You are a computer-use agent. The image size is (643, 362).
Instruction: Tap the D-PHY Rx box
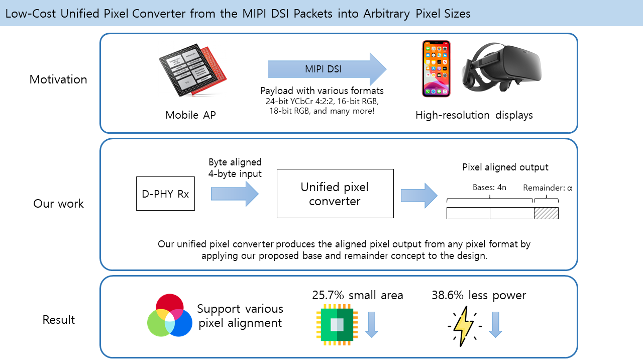point(165,194)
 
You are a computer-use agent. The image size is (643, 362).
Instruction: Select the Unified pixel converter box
point(335,194)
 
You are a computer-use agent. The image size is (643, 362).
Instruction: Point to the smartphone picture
point(436,68)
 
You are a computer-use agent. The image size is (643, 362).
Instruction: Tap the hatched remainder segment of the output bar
point(546,213)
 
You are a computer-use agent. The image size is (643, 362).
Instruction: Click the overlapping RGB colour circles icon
point(170,316)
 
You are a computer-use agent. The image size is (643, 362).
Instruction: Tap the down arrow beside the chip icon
point(372,324)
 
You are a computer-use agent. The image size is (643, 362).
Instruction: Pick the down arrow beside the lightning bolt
point(495,324)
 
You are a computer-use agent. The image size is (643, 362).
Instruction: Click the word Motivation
point(58,79)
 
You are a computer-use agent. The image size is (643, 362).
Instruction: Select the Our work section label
point(59,204)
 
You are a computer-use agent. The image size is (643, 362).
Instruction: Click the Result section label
point(59,320)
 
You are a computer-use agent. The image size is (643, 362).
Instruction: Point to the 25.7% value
point(328,296)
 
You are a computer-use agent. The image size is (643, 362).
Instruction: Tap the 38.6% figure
point(448,296)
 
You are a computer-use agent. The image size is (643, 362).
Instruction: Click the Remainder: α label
point(548,188)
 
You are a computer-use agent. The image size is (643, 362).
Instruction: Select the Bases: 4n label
point(489,188)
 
